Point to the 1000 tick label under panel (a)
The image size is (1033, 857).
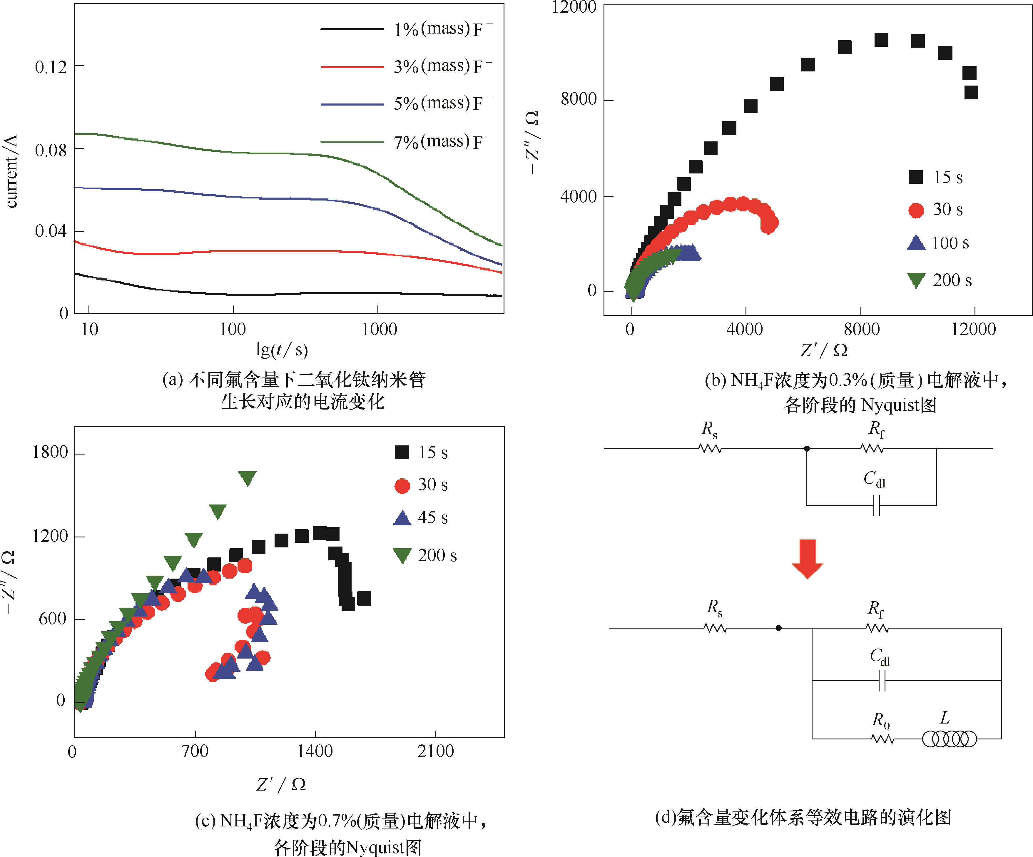click(379, 329)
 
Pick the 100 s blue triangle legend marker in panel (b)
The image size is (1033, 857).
click(916, 243)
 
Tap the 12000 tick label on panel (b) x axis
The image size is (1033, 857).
click(973, 329)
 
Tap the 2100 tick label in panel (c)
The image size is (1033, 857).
click(435, 751)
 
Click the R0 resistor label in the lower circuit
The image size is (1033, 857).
click(880, 720)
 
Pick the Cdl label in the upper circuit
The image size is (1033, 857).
click(874, 479)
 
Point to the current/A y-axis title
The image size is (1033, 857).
click(11, 171)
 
